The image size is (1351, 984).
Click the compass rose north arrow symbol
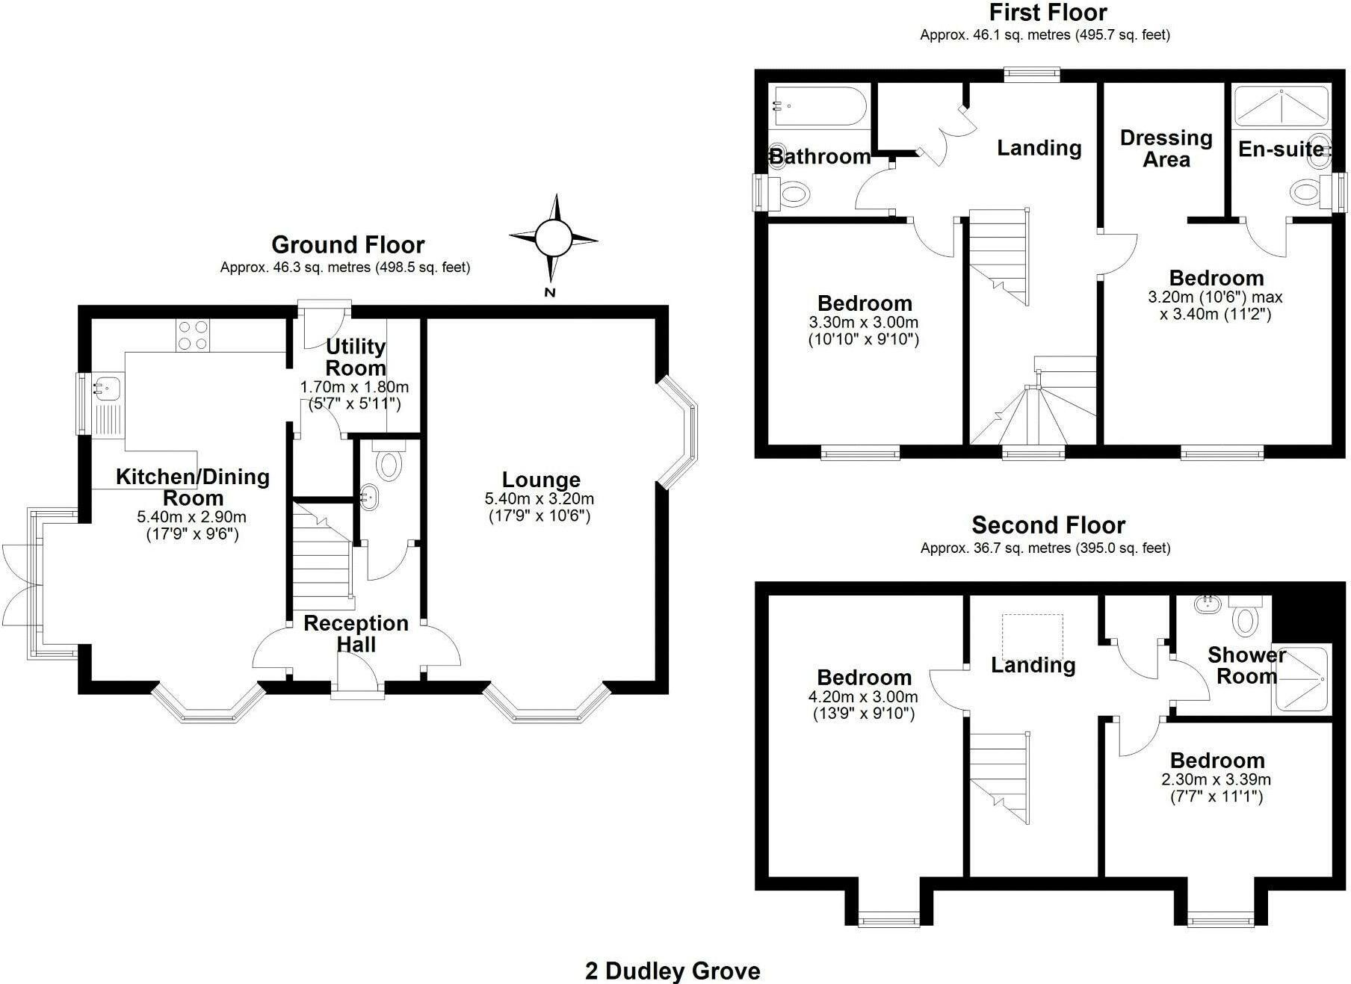553,238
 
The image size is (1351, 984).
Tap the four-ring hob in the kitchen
193,335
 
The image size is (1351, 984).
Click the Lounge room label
541,480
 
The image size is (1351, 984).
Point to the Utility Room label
356,357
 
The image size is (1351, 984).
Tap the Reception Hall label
356,634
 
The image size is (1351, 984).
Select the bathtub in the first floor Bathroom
819,108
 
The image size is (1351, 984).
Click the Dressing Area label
1166,149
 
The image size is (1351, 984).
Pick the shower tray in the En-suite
1281,106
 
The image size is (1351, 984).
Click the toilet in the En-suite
1307,191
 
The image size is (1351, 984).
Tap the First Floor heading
1048,13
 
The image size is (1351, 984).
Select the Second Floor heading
1048,525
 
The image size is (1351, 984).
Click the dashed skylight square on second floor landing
1032,637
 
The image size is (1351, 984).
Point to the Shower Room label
1246,666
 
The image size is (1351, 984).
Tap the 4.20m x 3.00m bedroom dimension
864,697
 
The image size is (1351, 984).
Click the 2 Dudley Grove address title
673,971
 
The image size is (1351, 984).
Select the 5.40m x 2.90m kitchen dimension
191,517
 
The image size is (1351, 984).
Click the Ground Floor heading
347,245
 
